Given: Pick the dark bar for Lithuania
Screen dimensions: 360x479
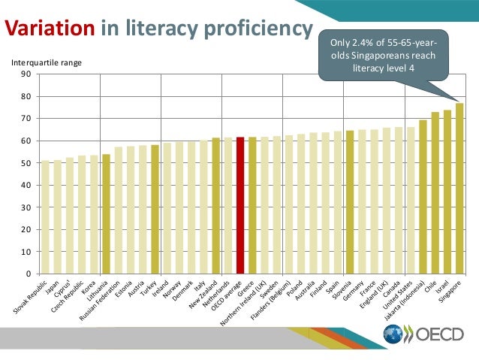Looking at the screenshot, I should point(106,213).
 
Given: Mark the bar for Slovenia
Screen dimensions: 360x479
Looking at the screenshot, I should point(350,202).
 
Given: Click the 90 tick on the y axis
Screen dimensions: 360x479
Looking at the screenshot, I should point(26,74).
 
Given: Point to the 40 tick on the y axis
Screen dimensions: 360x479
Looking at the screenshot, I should point(26,185).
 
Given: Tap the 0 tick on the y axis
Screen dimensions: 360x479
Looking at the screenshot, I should point(29,274).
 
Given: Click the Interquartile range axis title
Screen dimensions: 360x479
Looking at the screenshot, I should point(45,62).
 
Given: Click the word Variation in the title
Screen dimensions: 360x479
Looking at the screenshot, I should point(50,29).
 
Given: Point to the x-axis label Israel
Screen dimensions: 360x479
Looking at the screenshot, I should point(442,284).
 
